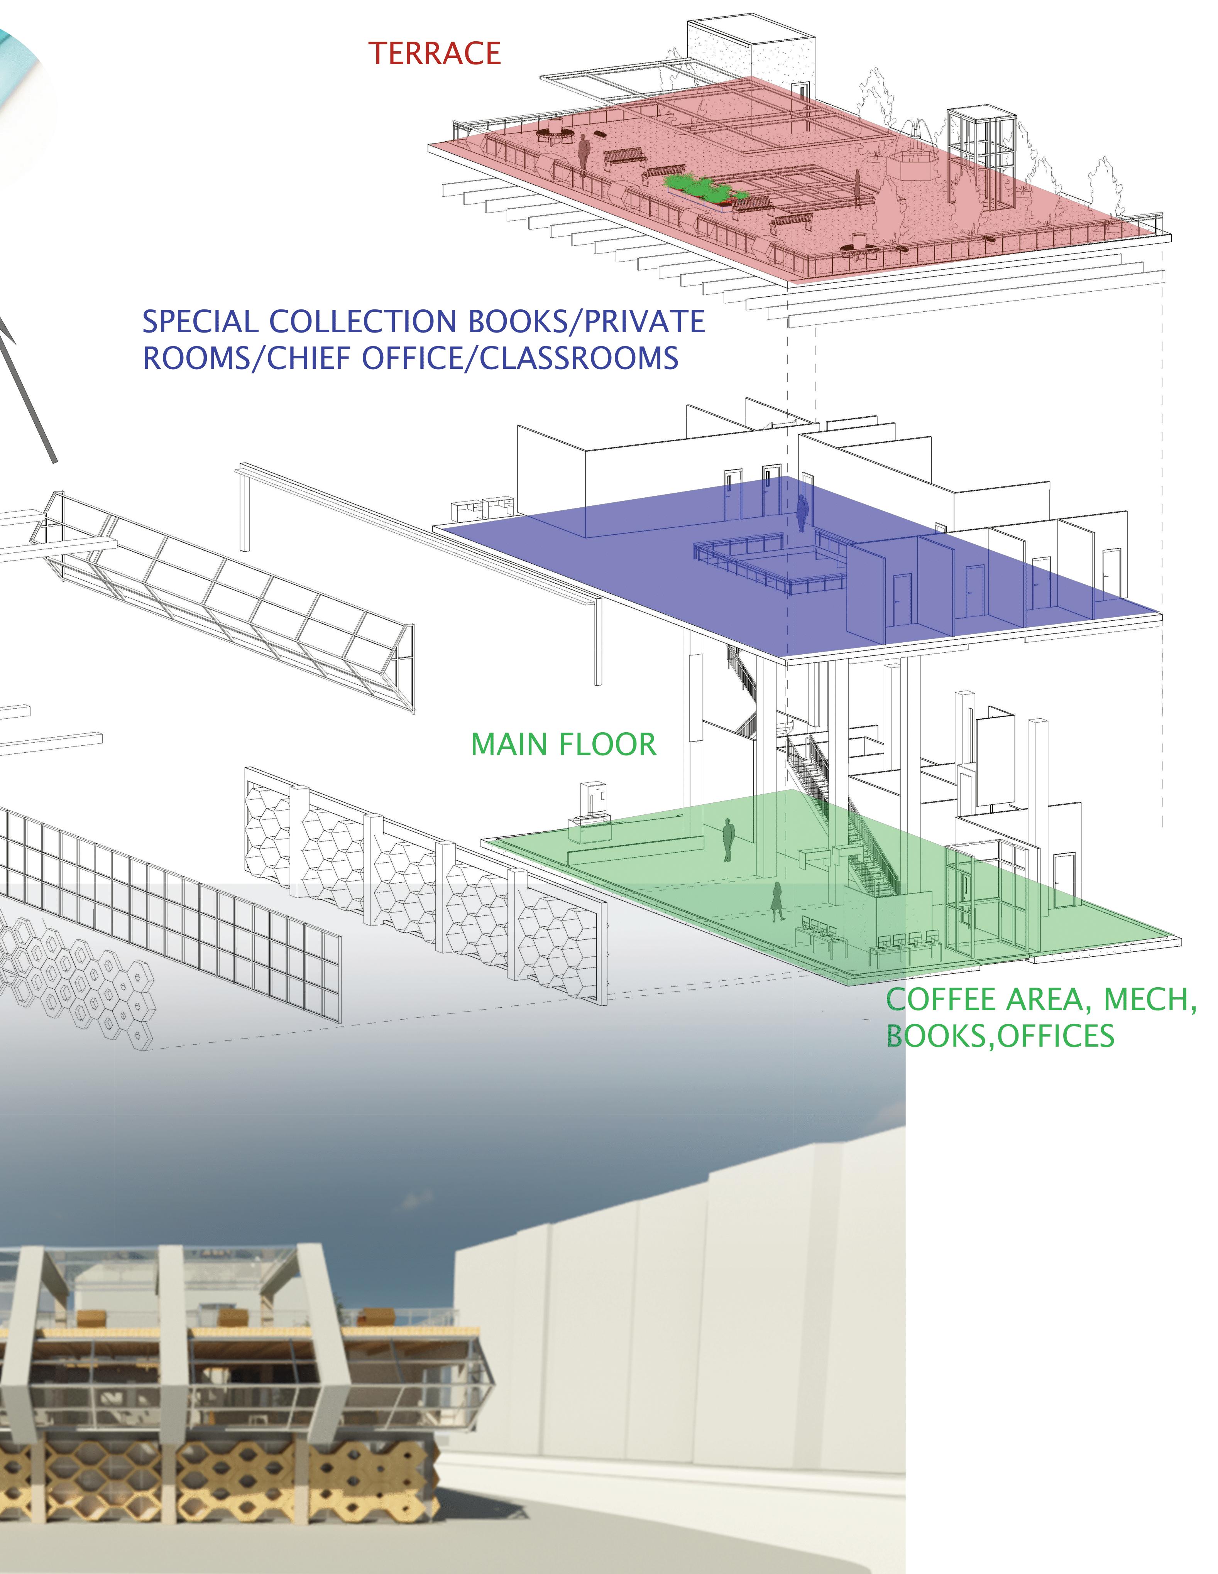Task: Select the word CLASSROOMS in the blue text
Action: point(579,358)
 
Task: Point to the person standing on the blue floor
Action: point(801,511)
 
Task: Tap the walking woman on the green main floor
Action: point(777,901)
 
